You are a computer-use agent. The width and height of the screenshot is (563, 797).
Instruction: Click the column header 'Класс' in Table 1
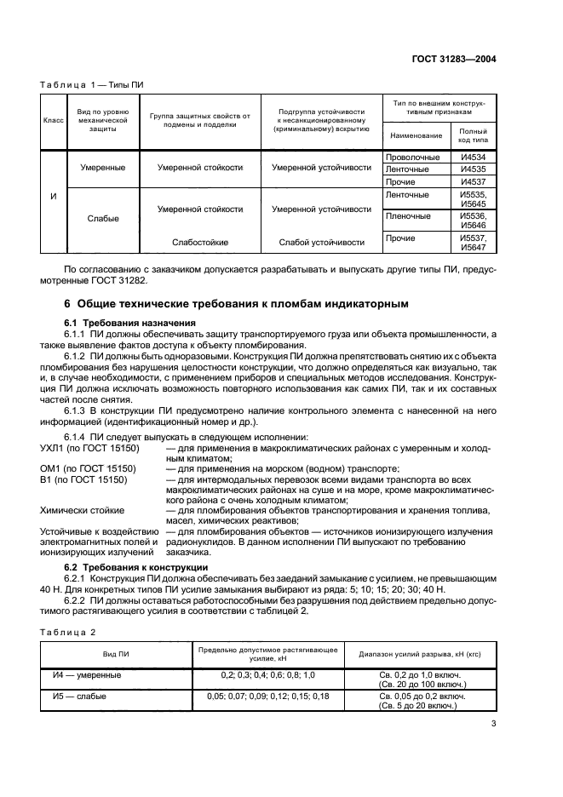(54, 121)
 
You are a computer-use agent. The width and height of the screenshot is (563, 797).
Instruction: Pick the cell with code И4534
(473, 158)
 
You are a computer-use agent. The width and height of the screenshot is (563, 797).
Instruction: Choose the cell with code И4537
(473, 181)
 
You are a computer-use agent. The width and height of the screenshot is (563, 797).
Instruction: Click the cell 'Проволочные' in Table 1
(413, 158)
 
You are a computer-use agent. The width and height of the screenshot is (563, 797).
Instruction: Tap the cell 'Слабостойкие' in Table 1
(200, 243)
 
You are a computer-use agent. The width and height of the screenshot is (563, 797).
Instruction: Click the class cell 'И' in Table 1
(54, 197)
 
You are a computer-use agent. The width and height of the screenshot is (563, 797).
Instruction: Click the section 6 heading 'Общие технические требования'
(237, 303)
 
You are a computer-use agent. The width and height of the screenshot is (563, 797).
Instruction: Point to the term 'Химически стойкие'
(82, 510)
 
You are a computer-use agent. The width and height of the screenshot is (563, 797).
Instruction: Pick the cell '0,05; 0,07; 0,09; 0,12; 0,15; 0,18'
(268, 696)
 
